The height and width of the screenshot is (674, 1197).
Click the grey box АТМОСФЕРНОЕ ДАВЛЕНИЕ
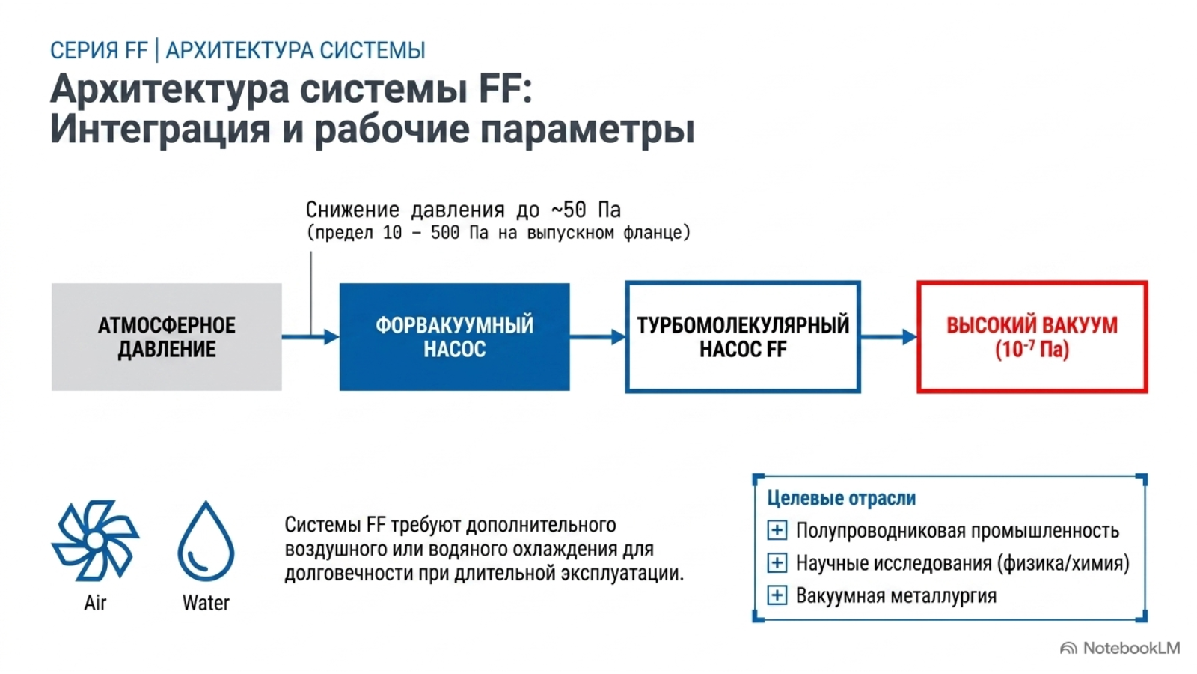click(167, 337)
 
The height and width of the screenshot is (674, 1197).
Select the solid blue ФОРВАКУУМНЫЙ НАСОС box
click(454, 337)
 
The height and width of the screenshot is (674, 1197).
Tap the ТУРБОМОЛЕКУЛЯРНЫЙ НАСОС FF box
click(743, 337)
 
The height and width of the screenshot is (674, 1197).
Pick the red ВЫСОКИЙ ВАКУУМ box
click(1032, 337)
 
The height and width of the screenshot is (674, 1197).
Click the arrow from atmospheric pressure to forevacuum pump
click(310, 337)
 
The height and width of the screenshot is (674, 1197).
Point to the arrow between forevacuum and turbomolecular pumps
click(598, 337)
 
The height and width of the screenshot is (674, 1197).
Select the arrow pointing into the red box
click(890, 337)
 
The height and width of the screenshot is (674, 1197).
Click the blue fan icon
click(95, 540)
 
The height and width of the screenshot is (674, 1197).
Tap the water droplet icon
click(206, 541)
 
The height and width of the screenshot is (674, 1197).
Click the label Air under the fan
click(95, 603)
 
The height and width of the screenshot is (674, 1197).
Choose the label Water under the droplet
click(206, 603)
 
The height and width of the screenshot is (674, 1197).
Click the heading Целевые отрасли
click(842, 499)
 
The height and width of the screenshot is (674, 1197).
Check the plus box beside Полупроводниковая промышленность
click(777, 531)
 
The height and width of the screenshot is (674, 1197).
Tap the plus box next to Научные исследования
click(777, 562)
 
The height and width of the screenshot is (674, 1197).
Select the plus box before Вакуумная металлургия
click(777, 595)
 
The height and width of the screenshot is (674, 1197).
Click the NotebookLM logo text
click(1131, 649)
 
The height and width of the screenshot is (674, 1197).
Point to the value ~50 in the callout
click(569, 210)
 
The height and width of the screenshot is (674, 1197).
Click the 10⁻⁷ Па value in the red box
click(1032, 350)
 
